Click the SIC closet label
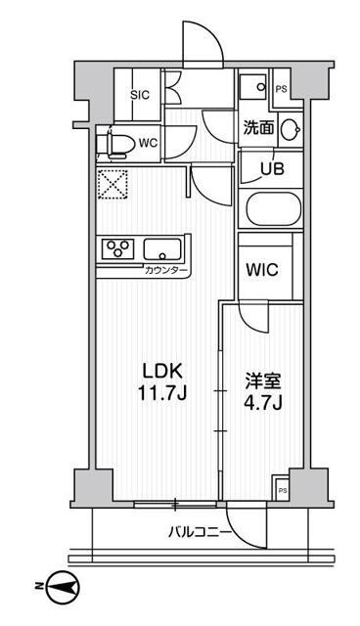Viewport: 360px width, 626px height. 139,96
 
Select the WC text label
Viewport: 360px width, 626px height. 149,143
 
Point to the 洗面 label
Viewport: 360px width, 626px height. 258,126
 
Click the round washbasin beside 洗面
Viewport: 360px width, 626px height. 291,128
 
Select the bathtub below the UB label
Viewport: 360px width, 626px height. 275,210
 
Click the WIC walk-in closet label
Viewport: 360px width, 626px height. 262,268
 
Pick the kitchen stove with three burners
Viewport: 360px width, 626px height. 117,248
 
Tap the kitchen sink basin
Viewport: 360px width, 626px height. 162,248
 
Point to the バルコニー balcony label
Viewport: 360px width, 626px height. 199,533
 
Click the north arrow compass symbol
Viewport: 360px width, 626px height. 62,586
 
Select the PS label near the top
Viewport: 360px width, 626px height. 282,89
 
